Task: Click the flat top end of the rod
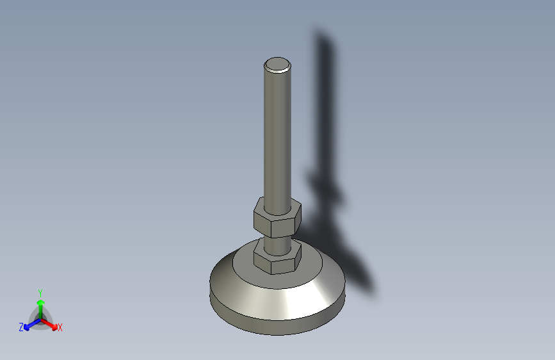pyautogui.click(x=278, y=65)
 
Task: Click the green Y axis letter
pyautogui.click(x=40, y=293)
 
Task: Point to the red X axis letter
pyautogui.click(x=60, y=327)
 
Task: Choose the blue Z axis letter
pyautogui.click(x=21, y=327)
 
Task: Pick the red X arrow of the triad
pyautogui.click(x=49, y=324)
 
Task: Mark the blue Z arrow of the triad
pyautogui.click(x=33, y=325)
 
